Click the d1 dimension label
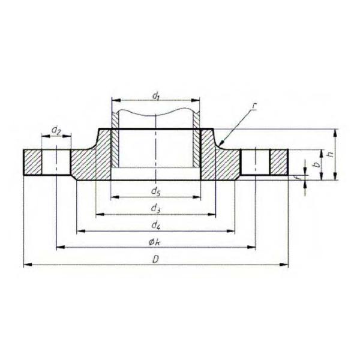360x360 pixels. [155, 95]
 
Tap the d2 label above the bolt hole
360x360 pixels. [56, 130]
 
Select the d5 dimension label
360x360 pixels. [155, 192]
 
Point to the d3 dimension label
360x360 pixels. [155, 208]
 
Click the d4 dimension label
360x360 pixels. [155, 225]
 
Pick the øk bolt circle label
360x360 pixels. [155, 241]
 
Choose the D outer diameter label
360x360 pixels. [155, 259]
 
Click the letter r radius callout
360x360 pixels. [254, 107]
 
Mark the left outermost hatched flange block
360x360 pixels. [34, 162]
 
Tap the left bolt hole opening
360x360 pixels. [57, 162]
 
